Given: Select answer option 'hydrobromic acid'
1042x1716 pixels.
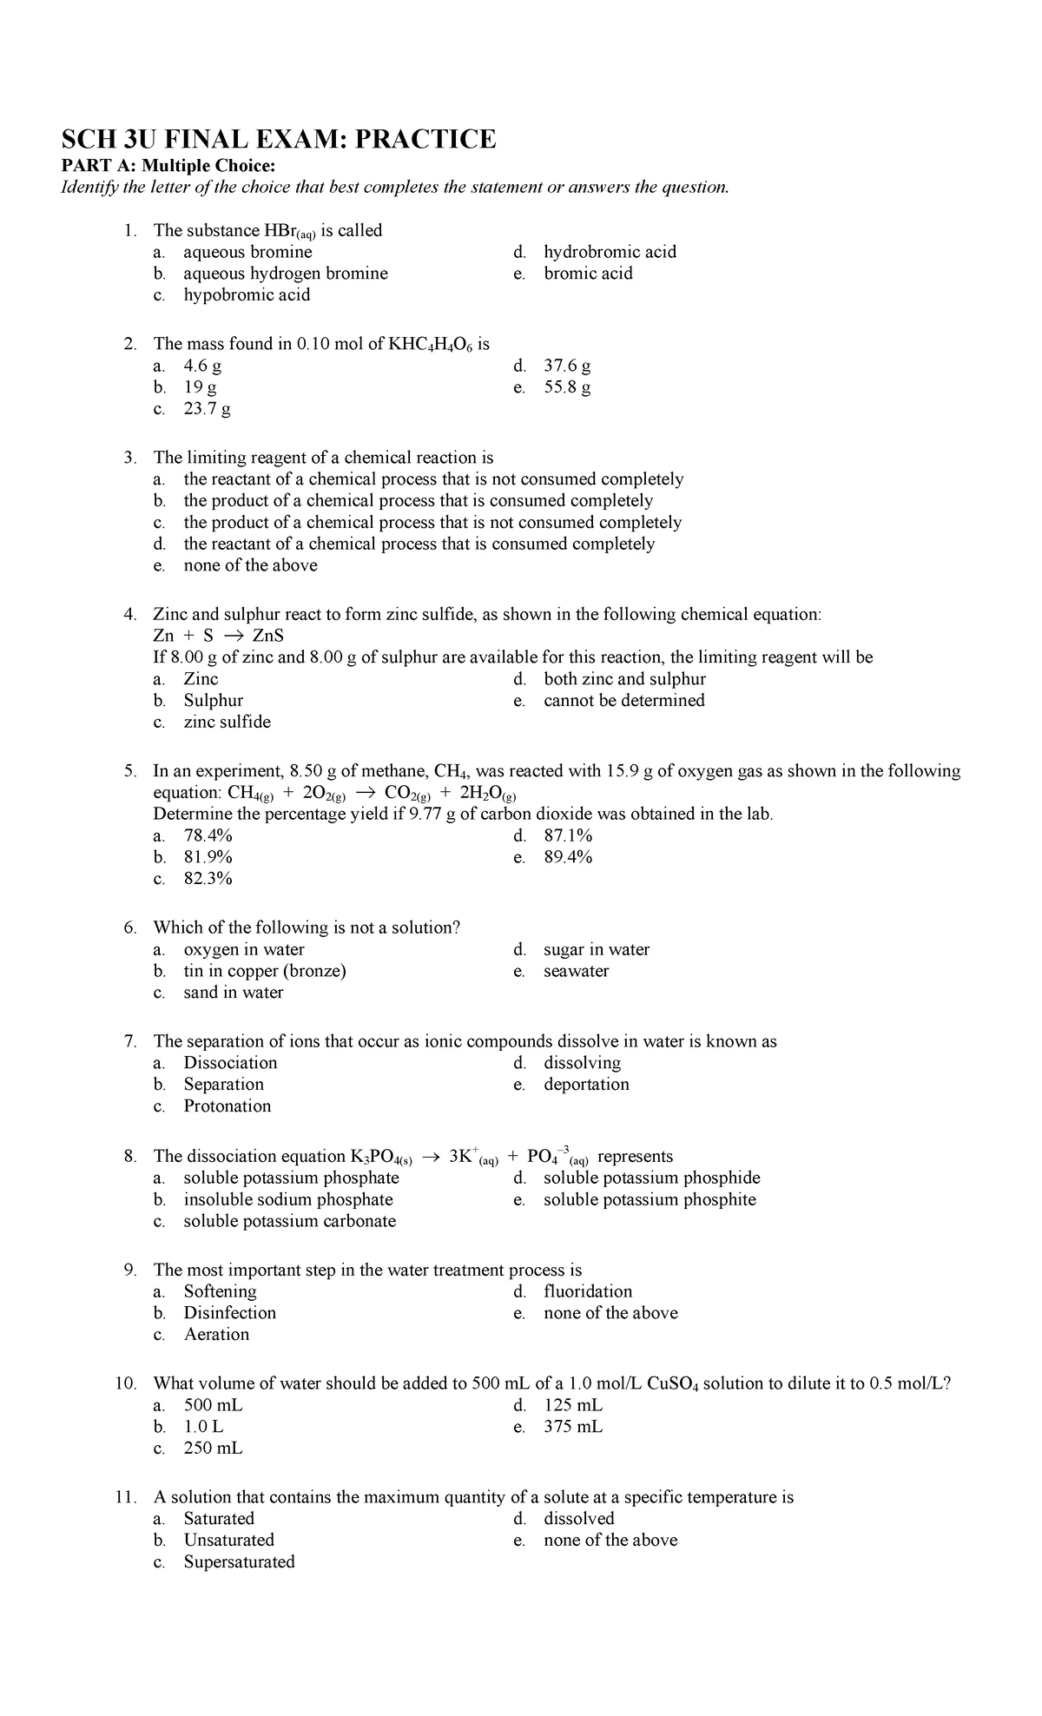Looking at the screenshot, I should (x=610, y=252).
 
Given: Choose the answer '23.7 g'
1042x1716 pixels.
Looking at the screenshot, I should (x=207, y=409).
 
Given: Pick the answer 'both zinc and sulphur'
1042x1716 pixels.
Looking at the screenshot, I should (x=624, y=679).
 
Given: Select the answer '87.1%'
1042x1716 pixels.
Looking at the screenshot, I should (x=568, y=836).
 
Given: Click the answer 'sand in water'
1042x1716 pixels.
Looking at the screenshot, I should (x=233, y=993).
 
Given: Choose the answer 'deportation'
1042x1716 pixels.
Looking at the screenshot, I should (x=586, y=1085).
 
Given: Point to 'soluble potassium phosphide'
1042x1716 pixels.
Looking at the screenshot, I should (x=651, y=1178).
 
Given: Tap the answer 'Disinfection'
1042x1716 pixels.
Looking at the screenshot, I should (x=229, y=1313).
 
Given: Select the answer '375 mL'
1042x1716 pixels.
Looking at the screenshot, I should (x=573, y=1427).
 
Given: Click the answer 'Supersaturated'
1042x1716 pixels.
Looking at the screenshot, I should (x=239, y=1561).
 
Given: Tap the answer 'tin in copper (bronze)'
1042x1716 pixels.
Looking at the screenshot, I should (x=265, y=971).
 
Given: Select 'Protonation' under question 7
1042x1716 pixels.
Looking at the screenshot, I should (x=227, y=1106).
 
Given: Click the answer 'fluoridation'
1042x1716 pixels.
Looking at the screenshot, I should (x=588, y=1291).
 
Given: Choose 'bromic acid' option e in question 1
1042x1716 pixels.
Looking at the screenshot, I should (x=588, y=274).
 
